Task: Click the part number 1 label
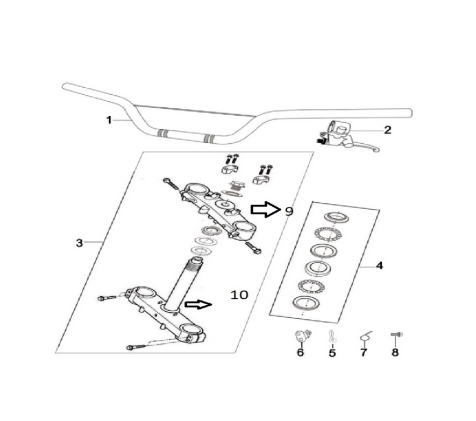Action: [x=109, y=120]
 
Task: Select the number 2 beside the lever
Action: [x=387, y=130]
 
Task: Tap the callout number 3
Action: [x=79, y=243]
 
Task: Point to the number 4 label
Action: [x=379, y=266]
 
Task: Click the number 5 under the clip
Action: [x=332, y=353]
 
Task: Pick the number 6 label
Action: [x=300, y=353]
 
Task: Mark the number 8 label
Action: [x=395, y=353]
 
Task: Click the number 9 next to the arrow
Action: [x=289, y=211]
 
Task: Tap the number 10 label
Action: [x=239, y=294]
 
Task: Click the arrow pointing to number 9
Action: [x=264, y=210]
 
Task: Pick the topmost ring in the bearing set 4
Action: [x=336, y=217]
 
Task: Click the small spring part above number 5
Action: [x=332, y=336]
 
